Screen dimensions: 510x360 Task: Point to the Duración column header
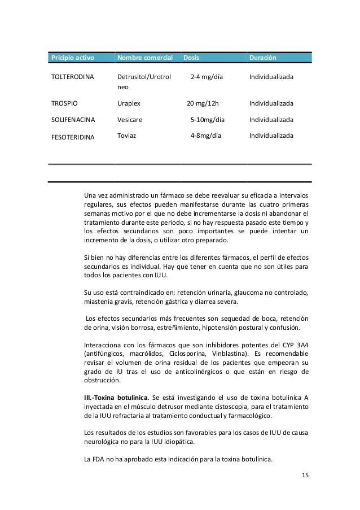(264, 58)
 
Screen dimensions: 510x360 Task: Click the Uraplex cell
(129, 104)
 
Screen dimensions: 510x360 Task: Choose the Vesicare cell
(130, 120)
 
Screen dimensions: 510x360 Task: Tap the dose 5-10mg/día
(208, 120)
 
